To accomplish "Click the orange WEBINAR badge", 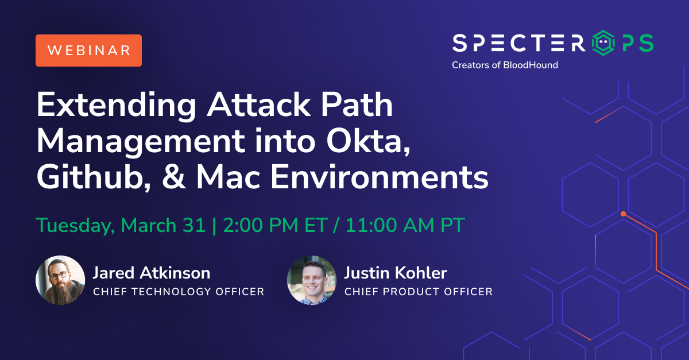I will pos(88,50).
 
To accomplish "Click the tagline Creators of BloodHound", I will pos(505,65).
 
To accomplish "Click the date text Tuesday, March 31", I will pos(121,225).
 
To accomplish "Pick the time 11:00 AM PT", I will pos(405,225).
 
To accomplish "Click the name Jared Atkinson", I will pos(152,273).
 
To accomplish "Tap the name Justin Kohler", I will pos(396,273).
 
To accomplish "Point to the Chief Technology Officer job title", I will pos(179,292).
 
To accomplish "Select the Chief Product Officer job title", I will pos(419,292).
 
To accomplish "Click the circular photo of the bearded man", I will pos(60,280).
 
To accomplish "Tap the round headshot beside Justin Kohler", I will pos(311,280).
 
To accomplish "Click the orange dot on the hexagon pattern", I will pos(623,214).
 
